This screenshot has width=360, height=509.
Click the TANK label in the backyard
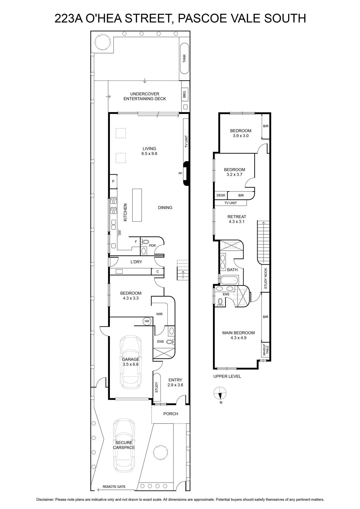coord(184,58)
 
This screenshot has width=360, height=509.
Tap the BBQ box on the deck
coord(185,94)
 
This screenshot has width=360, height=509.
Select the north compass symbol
coord(220,393)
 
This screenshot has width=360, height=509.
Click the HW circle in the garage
coord(147,321)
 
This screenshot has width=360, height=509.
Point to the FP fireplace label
coord(180,173)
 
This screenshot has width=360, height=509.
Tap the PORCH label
coord(171,414)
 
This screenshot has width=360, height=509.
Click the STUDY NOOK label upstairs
coord(265,278)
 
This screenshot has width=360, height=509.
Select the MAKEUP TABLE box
coord(265,350)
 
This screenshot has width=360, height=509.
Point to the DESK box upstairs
coord(221,195)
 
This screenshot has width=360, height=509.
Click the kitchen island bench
coord(137,205)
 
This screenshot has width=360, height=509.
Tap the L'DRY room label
coord(136,262)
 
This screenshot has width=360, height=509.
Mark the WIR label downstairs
coord(159,314)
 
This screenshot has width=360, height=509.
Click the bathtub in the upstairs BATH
coord(229,280)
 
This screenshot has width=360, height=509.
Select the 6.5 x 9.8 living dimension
coord(149,153)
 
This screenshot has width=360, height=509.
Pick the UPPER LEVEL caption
coord(227,376)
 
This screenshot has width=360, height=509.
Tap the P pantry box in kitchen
coord(113,181)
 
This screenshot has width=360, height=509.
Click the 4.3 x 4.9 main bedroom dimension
coord(238,338)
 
